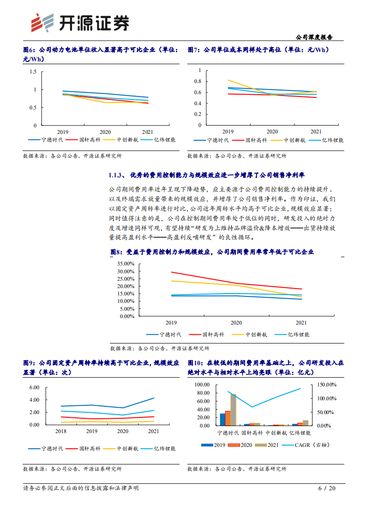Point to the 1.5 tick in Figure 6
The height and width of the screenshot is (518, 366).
click(32, 72)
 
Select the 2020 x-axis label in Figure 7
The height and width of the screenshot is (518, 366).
click(272, 131)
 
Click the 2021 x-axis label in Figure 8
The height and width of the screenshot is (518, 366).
click(301, 323)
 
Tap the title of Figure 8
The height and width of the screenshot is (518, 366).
click(212, 252)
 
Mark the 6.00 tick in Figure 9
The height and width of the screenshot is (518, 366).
click(34, 387)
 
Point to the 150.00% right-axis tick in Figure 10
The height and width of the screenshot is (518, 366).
click(328, 385)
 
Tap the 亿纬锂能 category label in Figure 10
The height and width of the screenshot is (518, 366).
click(300, 433)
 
